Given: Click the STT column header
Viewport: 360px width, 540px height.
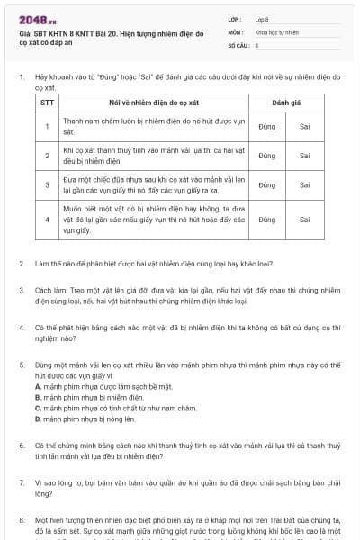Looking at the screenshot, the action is coord(48,104).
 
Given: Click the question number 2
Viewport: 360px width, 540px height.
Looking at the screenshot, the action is coord(22,264).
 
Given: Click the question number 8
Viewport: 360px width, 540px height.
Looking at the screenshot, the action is coord(22,519).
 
